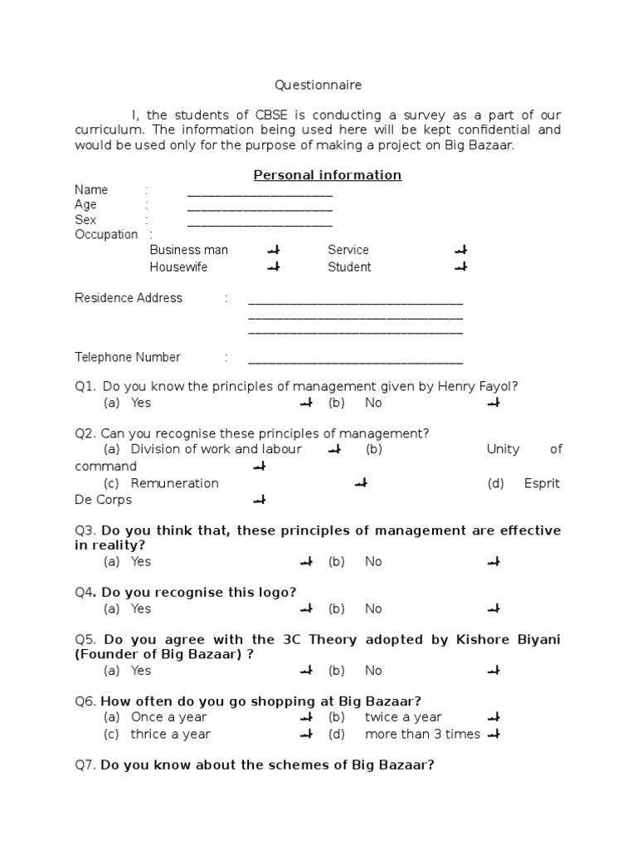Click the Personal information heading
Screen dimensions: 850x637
(x=327, y=174)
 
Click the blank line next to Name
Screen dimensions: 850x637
(x=260, y=193)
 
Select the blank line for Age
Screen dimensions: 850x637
(x=260, y=208)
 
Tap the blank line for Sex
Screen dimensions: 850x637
(x=260, y=222)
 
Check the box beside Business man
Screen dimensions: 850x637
(x=274, y=250)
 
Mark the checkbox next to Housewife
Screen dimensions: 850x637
(x=274, y=267)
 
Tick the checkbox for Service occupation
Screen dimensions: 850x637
(x=461, y=250)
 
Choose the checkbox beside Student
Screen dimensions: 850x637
(x=461, y=267)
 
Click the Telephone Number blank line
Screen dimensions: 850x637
(x=355, y=360)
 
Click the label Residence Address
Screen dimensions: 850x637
(x=129, y=298)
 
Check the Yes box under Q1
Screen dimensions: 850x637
(x=306, y=403)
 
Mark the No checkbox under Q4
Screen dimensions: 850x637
(x=494, y=609)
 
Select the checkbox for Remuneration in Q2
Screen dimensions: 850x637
(x=361, y=483)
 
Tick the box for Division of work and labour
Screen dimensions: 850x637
(x=335, y=450)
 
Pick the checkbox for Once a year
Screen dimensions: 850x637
(x=306, y=717)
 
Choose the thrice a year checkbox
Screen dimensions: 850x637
(x=306, y=734)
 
